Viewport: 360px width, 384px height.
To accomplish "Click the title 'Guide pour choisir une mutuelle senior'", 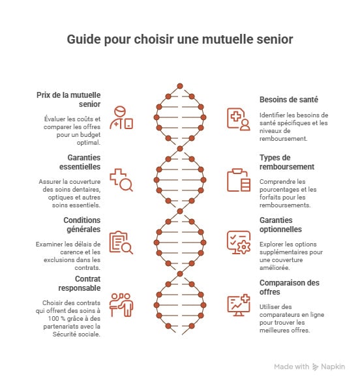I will click(x=180, y=40).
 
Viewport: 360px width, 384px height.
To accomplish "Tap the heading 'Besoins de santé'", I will click(x=288, y=100).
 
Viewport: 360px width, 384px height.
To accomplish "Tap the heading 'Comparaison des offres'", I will click(x=290, y=288).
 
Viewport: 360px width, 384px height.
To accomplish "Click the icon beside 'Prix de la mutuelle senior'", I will click(x=122, y=117).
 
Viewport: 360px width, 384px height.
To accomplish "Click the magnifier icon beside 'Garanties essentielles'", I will click(x=121, y=180).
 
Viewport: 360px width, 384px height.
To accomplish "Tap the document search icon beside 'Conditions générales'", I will click(x=121, y=242).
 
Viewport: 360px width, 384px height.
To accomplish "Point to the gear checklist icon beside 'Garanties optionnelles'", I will click(x=238, y=242).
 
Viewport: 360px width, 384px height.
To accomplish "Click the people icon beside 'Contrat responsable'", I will click(x=121, y=304).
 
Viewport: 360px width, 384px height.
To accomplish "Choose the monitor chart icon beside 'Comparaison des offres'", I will click(x=238, y=304).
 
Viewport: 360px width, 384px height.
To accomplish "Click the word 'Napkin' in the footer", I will click(x=333, y=367).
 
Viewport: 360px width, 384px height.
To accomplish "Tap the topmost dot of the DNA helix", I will click(x=180, y=85).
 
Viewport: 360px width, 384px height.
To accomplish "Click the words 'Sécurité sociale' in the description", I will click(x=80, y=334).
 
